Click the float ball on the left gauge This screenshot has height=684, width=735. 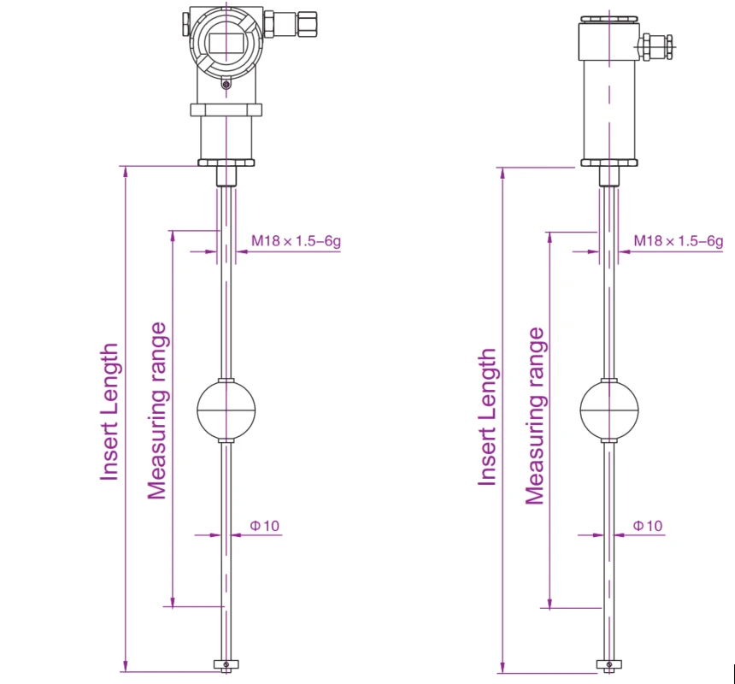(x=226, y=410)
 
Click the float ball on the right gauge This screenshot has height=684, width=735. (x=609, y=410)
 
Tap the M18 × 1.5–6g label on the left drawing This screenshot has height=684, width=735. (x=296, y=241)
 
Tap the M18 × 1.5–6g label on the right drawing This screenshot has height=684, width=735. (x=679, y=241)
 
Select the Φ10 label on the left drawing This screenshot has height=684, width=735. (x=265, y=526)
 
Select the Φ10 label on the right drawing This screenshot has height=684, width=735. (x=648, y=526)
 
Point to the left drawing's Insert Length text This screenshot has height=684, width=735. (x=109, y=412)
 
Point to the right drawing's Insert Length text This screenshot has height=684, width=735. (x=487, y=416)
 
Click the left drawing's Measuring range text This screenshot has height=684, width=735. (x=157, y=410)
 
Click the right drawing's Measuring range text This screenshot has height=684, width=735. (x=535, y=416)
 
